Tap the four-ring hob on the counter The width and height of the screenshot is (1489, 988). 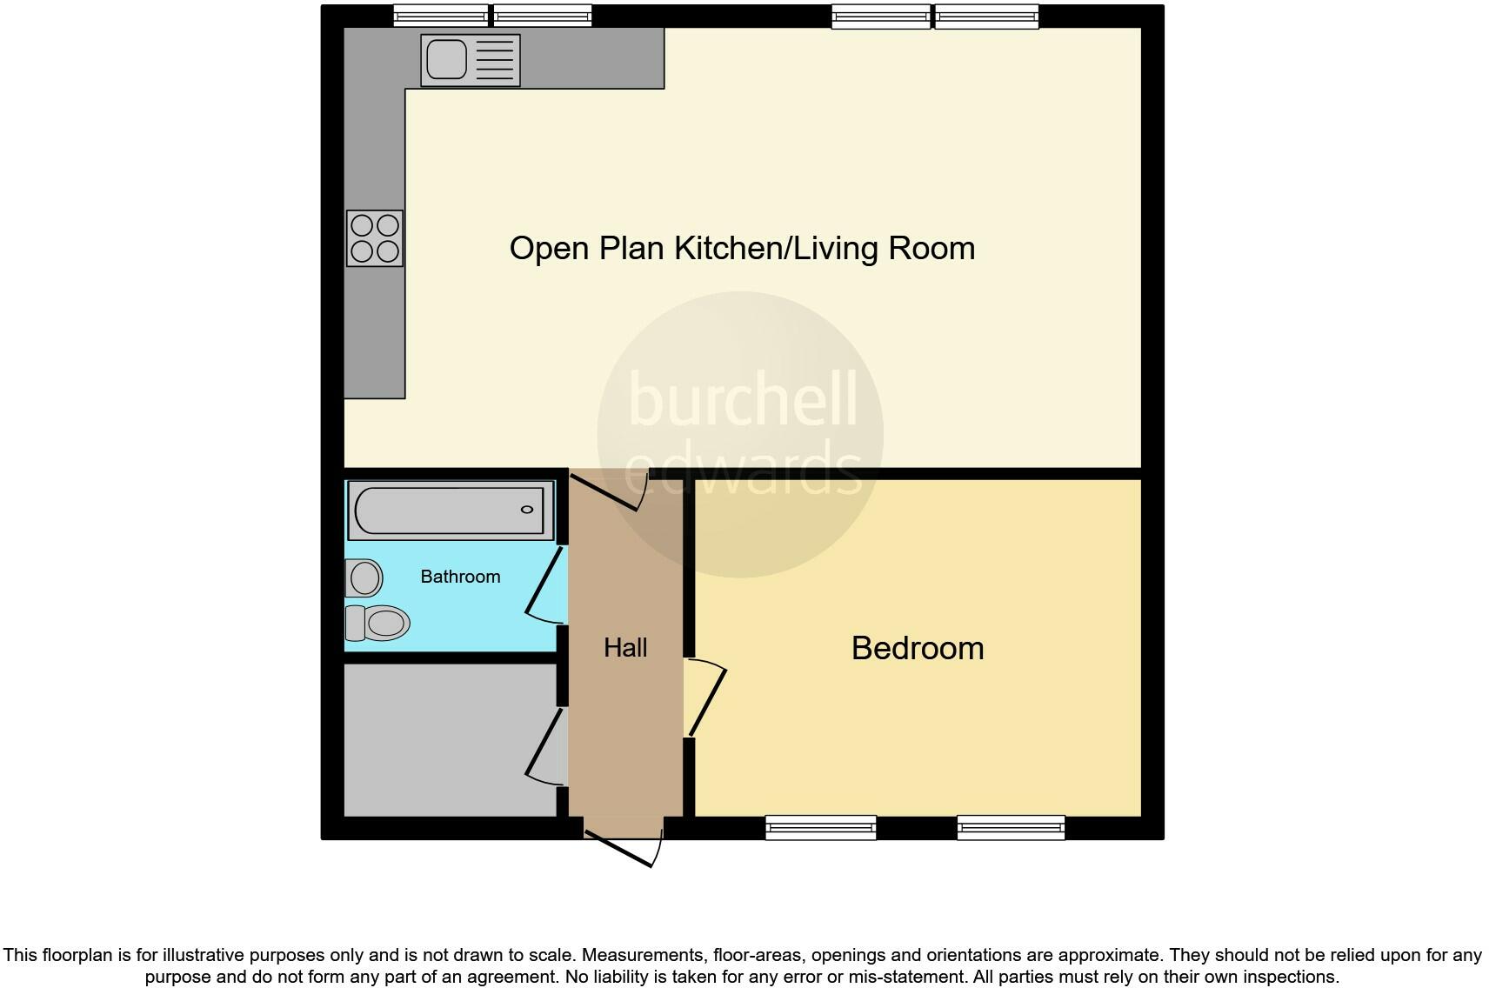click(375, 238)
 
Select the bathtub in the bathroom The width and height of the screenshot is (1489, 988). click(451, 510)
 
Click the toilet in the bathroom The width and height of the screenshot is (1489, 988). click(379, 623)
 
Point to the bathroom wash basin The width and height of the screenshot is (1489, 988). click(364, 577)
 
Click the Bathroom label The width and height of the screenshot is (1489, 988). click(460, 577)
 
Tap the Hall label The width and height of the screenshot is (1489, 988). click(625, 648)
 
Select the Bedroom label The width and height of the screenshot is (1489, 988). click(917, 649)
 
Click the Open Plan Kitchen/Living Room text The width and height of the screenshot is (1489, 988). click(742, 249)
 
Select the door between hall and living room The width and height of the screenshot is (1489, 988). click(607, 491)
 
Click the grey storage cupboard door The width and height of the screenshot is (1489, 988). click(544, 744)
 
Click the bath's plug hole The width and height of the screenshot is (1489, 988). click(526, 510)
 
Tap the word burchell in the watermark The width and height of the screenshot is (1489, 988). click(742, 399)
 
